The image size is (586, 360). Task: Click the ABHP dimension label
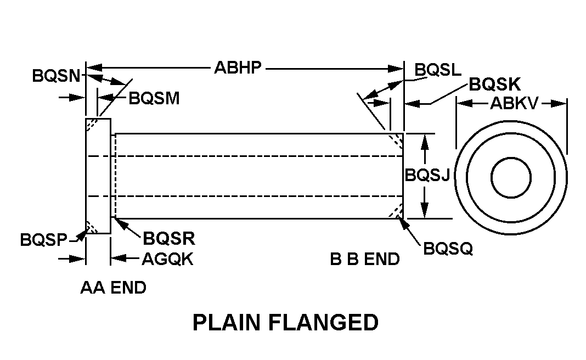click(x=238, y=68)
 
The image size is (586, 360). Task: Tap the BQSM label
click(x=154, y=98)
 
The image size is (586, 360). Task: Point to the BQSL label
click(x=438, y=70)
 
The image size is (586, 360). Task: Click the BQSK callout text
click(x=494, y=85)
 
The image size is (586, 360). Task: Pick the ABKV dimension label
click(x=514, y=103)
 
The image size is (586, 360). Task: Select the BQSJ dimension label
click(x=427, y=176)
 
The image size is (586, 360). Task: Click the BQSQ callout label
click(x=448, y=249)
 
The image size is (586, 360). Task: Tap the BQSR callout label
click(x=169, y=239)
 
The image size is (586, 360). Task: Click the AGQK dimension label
click(x=167, y=259)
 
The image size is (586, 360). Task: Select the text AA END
click(x=114, y=288)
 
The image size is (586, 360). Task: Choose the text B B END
click(x=365, y=259)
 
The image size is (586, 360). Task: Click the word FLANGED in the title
click(x=323, y=323)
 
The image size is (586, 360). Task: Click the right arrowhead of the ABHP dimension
click(x=399, y=69)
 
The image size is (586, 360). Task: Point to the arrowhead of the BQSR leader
click(x=116, y=221)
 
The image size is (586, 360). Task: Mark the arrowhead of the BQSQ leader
click(x=404, y=221)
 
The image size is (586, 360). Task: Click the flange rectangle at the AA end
click(x=98, y=176)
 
